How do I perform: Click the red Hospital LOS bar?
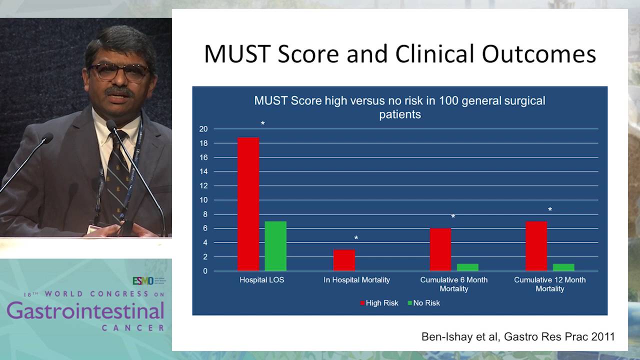248,204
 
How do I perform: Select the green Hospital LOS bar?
275,246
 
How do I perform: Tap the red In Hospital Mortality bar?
344,260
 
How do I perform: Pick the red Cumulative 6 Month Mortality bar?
440,249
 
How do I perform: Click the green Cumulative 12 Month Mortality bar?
563,267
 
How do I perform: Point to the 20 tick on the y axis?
203,129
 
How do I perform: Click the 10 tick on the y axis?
203,200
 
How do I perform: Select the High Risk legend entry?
379,303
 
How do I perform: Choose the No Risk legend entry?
424,303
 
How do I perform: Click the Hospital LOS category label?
261,280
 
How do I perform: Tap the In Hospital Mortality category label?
356,280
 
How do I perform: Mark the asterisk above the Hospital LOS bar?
262,123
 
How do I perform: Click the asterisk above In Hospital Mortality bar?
356,238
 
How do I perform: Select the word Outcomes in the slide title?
538,54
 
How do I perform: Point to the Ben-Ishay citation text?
517,336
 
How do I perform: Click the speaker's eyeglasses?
120,71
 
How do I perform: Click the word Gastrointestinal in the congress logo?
85,311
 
